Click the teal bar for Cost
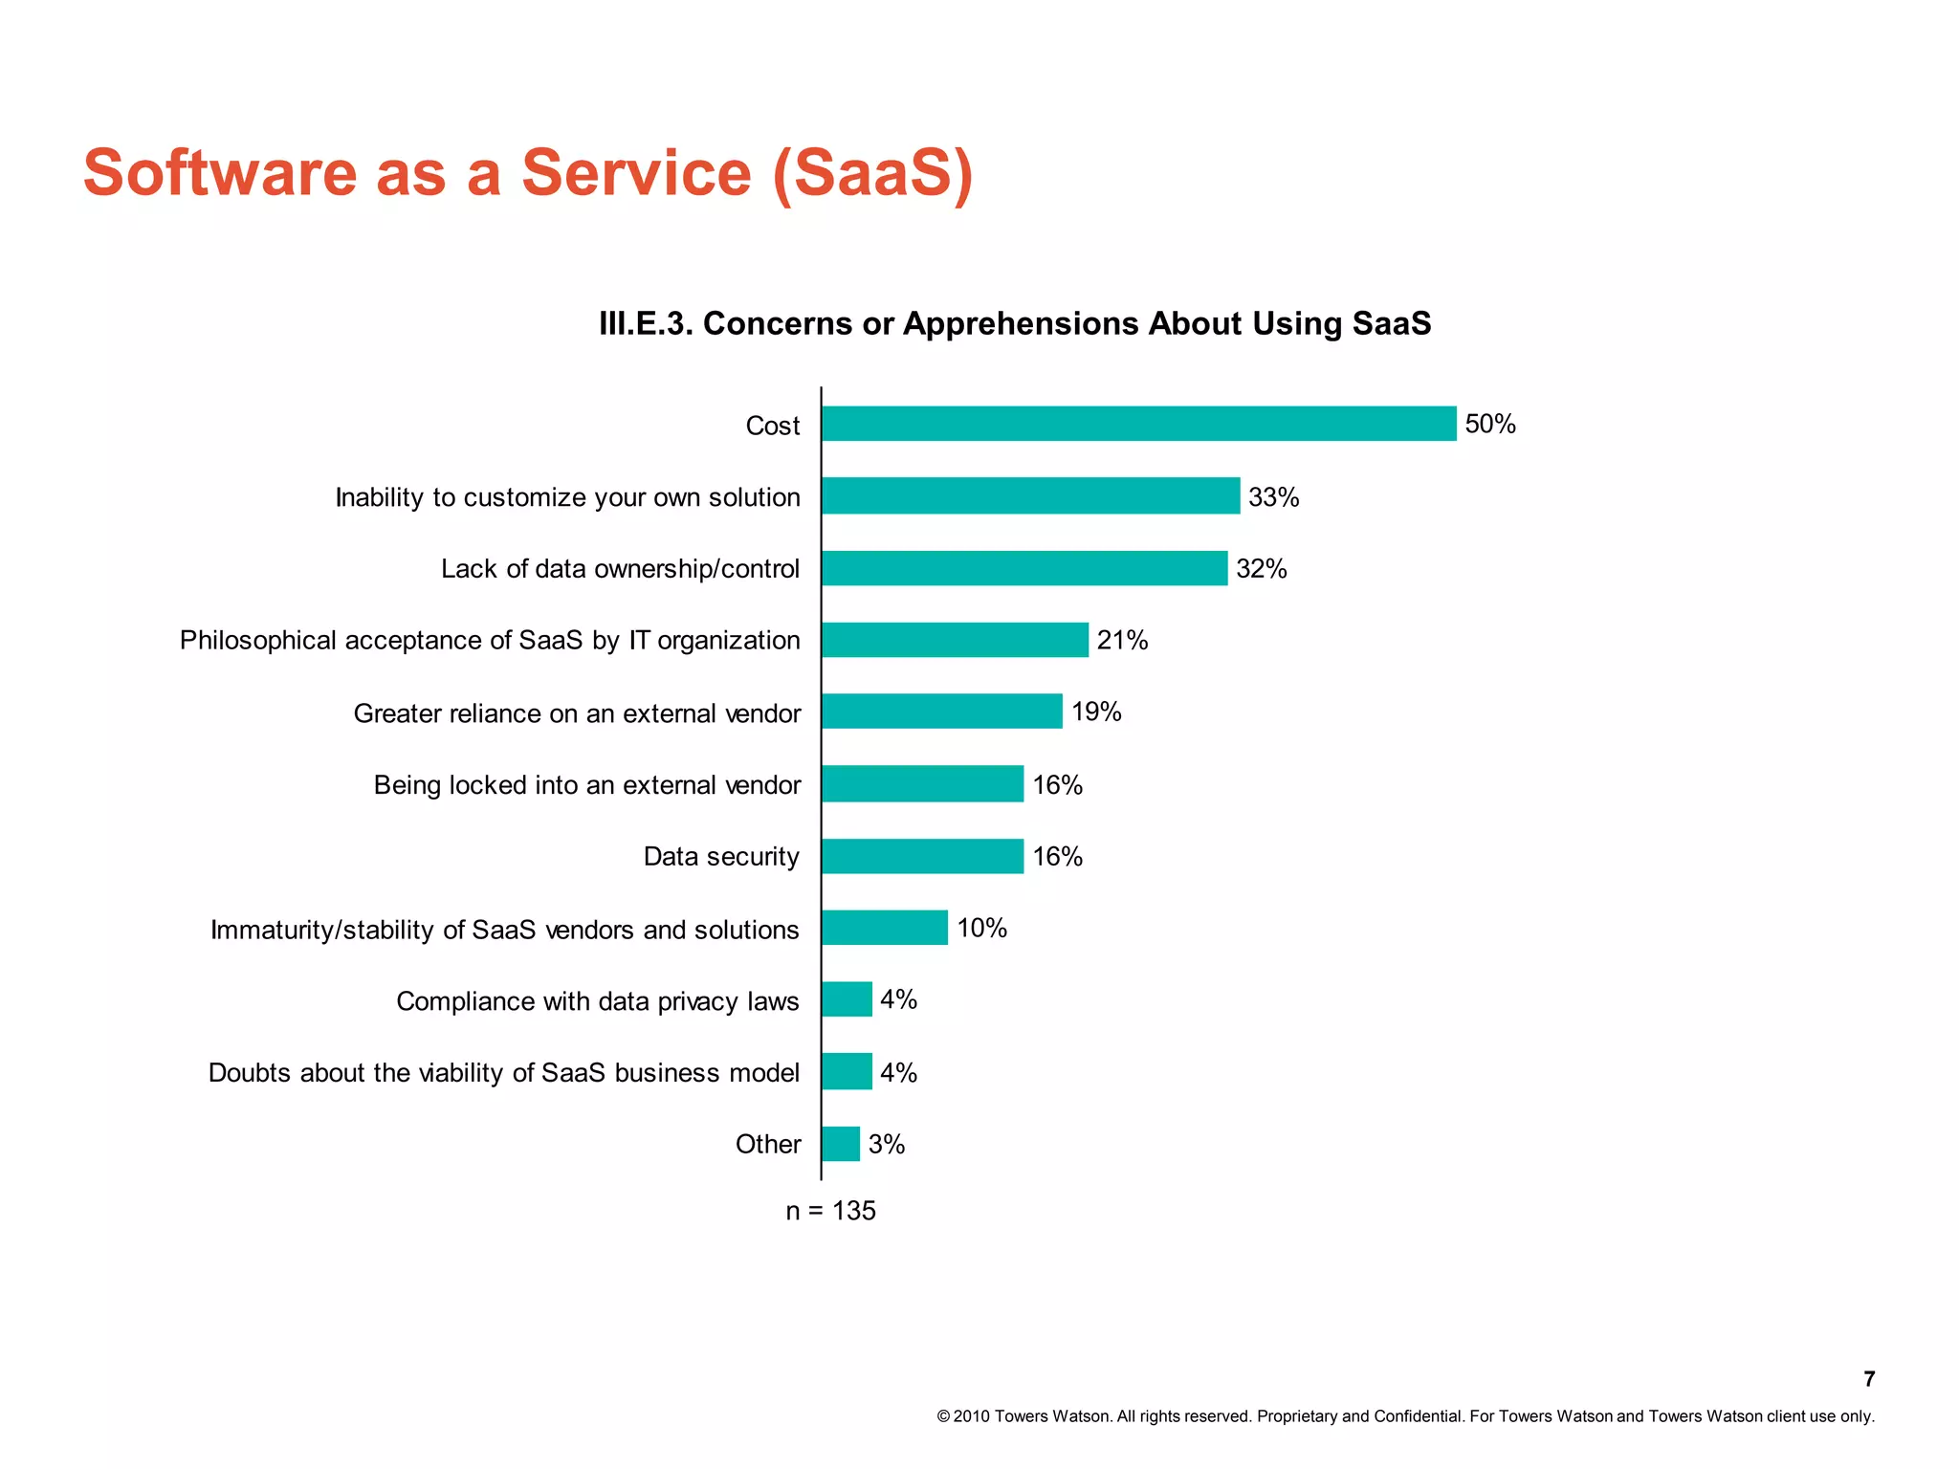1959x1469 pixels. point(1138,424)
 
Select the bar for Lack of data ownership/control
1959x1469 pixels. point(1024,568)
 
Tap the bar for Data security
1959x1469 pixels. point(922,856)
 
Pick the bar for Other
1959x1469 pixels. point(841,1144)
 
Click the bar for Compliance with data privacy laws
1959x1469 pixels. point(847,999)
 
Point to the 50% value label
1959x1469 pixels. point(1490,424)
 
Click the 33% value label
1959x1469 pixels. point(1273,497)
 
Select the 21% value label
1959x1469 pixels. point(1122,640)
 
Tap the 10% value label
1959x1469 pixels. point(981,928)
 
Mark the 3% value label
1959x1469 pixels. point(887,1144)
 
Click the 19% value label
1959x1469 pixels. point(1096,712)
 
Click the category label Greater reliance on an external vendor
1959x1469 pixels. point(577,713)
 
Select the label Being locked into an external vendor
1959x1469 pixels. point(586,785)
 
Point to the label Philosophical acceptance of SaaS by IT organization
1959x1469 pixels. point(490,640)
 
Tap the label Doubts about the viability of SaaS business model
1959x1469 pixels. point(503,1073)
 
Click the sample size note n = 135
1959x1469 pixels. point(830,1211)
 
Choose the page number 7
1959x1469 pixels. point(1869,1378)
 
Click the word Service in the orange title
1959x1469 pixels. point(636,173)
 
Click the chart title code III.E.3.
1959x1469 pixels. point(645,323)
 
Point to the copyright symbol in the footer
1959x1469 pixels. point(943,1416)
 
